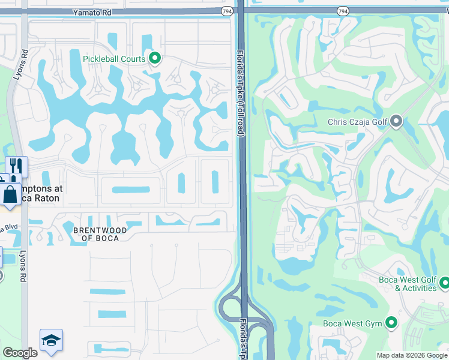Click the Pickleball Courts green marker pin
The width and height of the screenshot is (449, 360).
tap(155, 59)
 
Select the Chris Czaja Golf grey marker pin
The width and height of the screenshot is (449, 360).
tap(396, 122)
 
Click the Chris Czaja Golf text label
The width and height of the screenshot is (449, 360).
tap(358, 122)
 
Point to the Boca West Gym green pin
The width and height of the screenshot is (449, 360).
tap(391, 323)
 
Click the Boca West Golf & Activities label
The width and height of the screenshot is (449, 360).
tap(407, 284)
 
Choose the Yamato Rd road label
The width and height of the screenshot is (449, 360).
tap(93, 11)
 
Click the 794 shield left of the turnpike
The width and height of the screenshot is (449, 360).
tap(227, 11)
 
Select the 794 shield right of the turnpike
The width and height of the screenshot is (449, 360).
tap(342, 11)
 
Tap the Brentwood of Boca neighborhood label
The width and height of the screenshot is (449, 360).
tap(100, 234)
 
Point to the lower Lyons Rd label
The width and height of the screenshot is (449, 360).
tap(25, 268)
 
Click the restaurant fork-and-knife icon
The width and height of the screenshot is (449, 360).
tap(16, 166)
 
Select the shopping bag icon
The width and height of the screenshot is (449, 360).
tap(11, 194)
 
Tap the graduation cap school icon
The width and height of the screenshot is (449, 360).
tap(51, 340)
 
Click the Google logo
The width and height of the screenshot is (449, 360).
tap(20, 353)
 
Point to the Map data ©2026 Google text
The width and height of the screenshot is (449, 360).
tap(411, 355)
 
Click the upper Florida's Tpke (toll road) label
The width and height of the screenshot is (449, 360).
tap(240, 92)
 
